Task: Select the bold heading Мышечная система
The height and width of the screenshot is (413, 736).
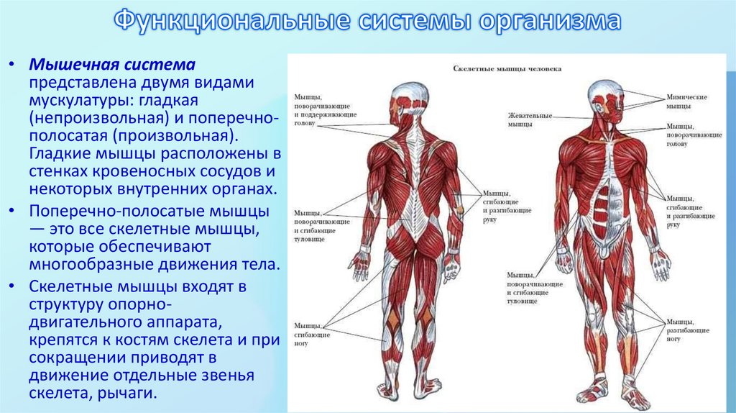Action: click(x=112, y=64)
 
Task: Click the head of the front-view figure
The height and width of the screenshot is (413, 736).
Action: click(x=604, y=97)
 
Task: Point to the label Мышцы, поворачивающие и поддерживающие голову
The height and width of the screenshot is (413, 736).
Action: click(x=316, y=109)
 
